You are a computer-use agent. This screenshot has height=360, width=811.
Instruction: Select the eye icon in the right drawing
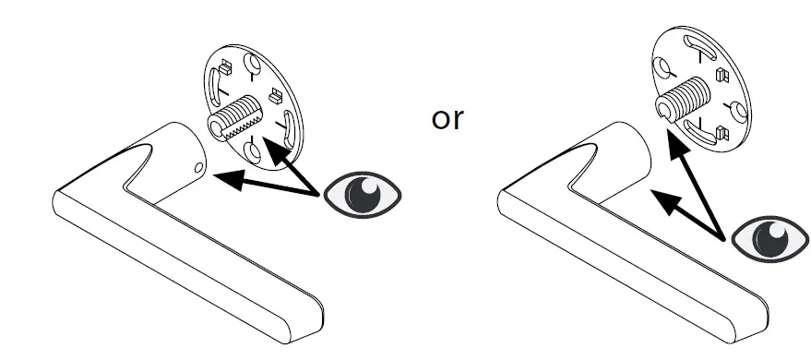click(x=769, y=237)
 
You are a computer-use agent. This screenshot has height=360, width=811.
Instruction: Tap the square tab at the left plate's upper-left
click(x=224, y=67)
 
